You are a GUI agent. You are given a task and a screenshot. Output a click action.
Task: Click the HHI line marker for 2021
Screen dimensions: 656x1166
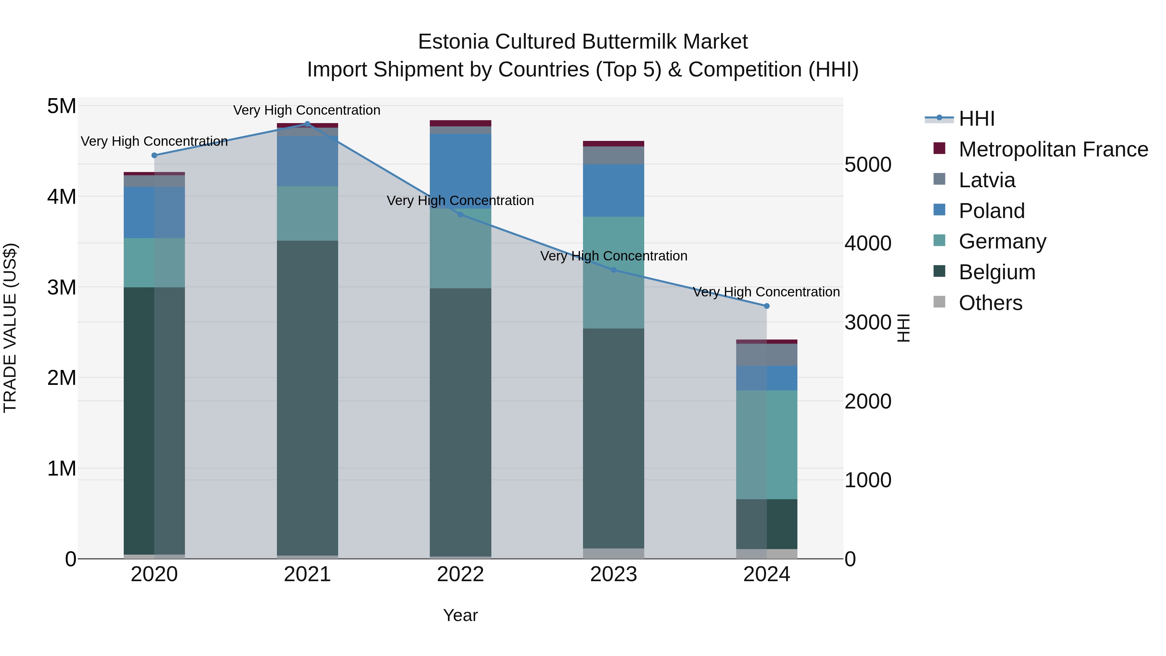coord(307,124)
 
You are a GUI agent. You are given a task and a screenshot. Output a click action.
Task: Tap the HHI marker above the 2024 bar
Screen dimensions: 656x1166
coord(766,306)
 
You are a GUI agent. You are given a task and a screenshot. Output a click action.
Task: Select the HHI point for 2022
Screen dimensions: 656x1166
coord(460,214)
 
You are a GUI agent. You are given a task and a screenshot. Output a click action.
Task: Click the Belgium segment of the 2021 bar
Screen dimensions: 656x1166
coord(307,398)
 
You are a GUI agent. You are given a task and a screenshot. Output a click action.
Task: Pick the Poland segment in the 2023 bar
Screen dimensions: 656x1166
coord(613,190)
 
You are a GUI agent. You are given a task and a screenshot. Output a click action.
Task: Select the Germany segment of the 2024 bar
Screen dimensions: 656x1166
coord(766,444)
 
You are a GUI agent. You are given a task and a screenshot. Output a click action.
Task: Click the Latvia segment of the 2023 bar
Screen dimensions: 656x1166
coord(613,155)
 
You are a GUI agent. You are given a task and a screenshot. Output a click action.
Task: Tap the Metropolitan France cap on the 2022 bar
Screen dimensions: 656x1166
coord(460,123)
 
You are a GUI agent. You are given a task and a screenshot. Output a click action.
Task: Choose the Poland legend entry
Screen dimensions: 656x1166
coord(991,211)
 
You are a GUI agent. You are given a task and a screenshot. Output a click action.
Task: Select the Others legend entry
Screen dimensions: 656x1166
coord(990,303)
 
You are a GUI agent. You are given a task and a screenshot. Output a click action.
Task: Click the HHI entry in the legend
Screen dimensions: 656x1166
coord(976,119)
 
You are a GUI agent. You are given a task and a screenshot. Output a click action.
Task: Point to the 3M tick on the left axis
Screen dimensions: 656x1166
coord(62,287)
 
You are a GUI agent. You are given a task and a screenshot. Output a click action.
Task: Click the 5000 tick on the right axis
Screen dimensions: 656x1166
coord(868,165)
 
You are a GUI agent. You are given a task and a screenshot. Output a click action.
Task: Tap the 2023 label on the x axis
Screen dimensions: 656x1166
coord(613,574)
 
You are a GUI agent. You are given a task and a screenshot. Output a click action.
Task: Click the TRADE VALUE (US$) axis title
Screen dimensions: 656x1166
coord(10,328)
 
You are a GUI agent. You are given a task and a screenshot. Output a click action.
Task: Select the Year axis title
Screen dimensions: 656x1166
coord(460,615)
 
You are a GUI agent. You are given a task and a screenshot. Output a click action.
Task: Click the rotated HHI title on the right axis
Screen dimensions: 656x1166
coord(903,328)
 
